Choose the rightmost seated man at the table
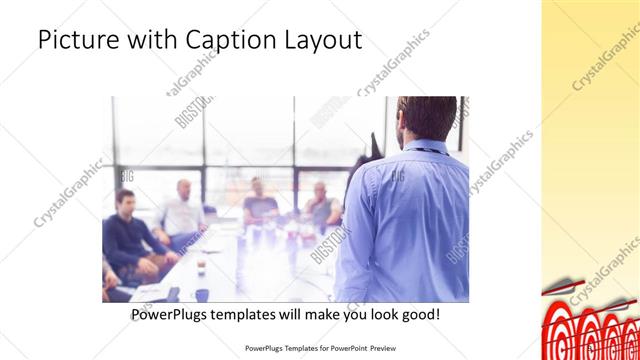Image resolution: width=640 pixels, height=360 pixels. pos(321,205)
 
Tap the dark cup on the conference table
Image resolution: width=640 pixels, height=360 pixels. pos(201,267)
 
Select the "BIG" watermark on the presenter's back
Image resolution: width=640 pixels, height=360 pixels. pos(398,175)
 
